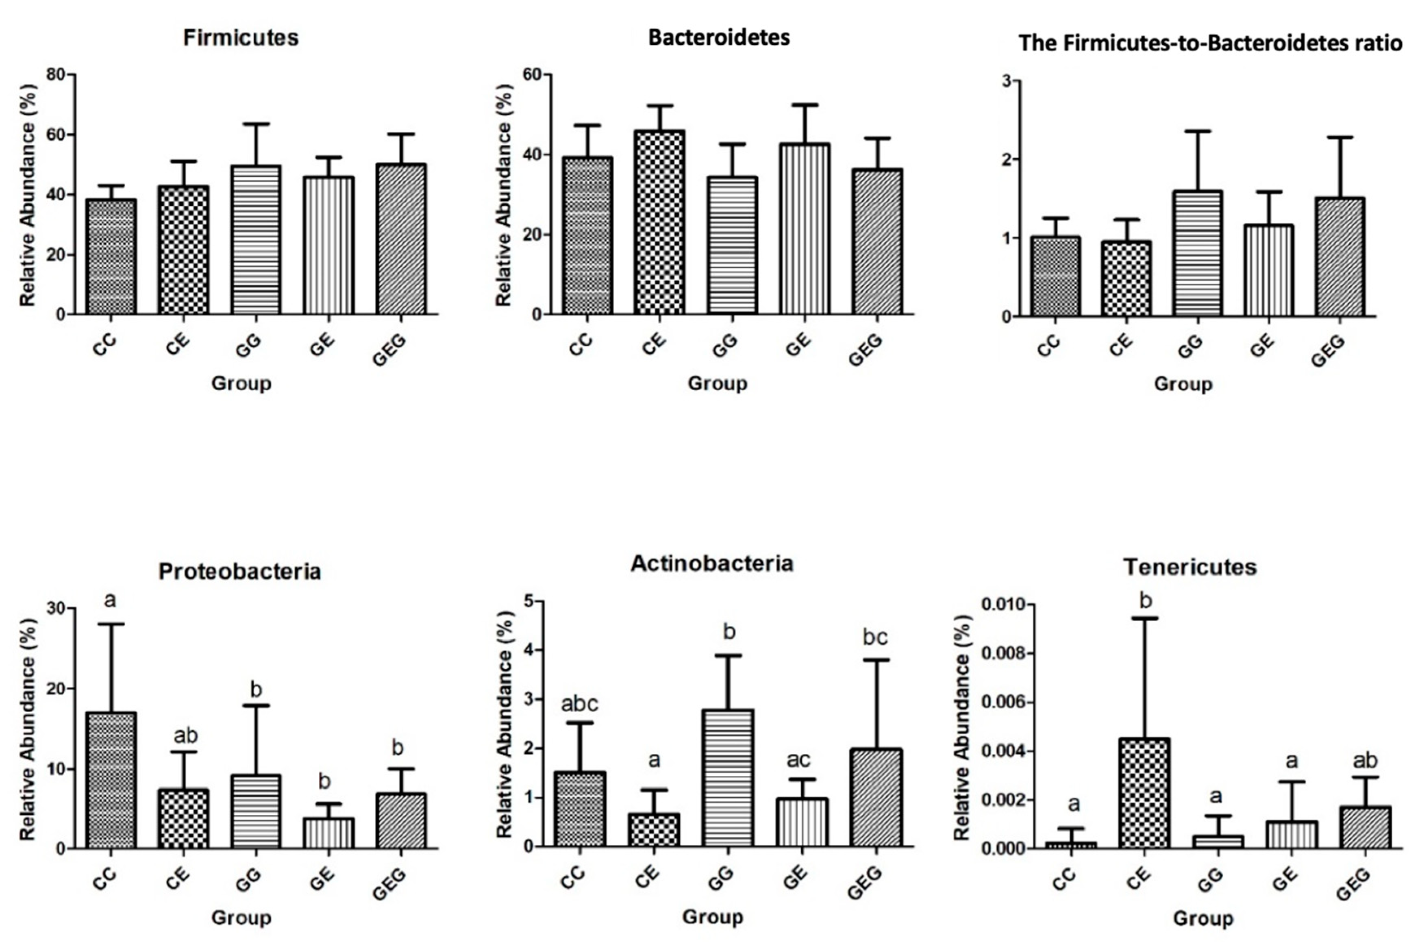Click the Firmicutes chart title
pos(241,38)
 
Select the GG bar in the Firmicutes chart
pos(256,240)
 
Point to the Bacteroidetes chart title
pos(719,38)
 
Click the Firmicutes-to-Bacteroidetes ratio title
pos(1211,43)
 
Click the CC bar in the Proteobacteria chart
pos(111,781)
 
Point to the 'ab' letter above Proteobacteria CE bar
pos(185,736)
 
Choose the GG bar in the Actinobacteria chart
pos(728,779)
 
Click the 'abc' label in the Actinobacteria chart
pos(580,703)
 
